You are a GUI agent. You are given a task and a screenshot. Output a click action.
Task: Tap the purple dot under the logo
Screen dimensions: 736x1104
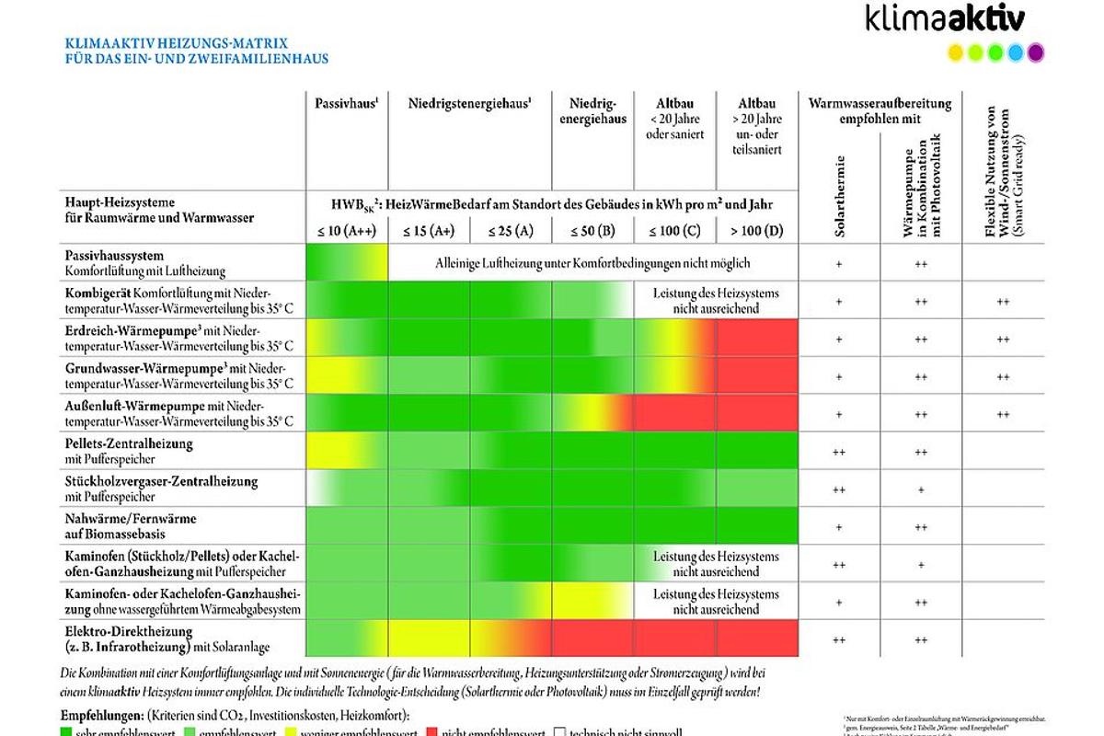point(1036,52)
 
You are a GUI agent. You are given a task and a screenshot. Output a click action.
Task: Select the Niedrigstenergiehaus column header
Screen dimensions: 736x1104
point(469,104)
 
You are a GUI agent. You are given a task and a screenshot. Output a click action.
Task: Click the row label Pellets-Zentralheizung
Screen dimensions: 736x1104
point(129,443)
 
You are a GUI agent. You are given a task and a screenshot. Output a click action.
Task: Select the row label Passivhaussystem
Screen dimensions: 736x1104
point(114,255)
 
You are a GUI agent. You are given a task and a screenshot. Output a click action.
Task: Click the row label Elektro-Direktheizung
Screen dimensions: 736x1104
point(128,631)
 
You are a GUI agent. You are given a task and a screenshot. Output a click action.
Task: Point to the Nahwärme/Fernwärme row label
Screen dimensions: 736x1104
point(131,519)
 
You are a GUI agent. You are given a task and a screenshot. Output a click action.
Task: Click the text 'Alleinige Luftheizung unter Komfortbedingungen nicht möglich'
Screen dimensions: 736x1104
point(592,263)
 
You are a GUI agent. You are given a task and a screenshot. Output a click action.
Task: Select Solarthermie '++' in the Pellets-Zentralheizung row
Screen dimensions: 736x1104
point(839,452)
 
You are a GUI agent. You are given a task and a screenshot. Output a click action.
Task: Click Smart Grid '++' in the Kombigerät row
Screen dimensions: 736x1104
point(1003,301)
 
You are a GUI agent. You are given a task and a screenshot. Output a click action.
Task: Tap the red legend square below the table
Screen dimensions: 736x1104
point(432,731)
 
